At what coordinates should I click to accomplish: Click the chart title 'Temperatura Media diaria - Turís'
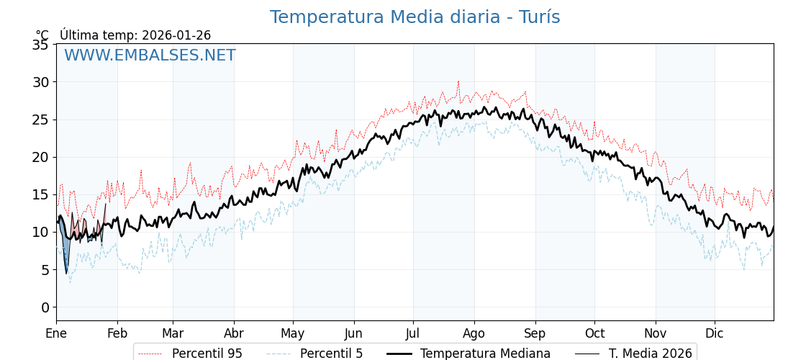[x=415, y=17]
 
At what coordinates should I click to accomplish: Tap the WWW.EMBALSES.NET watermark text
[x=150, y=55]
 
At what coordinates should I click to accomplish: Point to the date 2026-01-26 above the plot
[x=176, y=35]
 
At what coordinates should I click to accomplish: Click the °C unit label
[x=42, y=35]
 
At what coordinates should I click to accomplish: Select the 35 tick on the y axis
[x=41, y=45]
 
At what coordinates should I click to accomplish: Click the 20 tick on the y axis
[x=41, y=157]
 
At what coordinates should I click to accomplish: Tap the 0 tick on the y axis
[x=45, y=307]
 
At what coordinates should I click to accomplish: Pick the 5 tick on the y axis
[x=45, y=270]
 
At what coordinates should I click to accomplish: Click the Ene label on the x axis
[x=56, y=333]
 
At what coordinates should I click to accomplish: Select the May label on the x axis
[x=293, y=333]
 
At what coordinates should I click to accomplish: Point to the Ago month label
[x=474, y=333]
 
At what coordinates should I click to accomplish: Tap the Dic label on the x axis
[x=715, y=333]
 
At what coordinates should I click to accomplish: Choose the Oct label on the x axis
[x=594, y=333]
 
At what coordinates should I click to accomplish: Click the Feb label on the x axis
[x=117, y=333]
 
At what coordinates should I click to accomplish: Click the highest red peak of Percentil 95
[x=458, y=82]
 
